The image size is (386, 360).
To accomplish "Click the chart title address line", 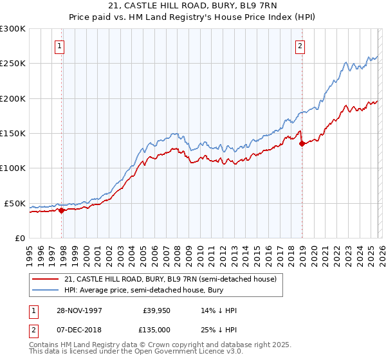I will (193, 6).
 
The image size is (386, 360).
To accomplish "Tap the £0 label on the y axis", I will (19, 238).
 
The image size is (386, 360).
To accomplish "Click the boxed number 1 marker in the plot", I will (59, 46).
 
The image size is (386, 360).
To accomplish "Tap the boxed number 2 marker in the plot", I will (300, 46).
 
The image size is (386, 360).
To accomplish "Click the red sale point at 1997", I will (62, 210).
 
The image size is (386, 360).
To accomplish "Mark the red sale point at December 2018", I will (302, 143).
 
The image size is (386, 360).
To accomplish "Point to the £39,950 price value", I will (156, 310).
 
